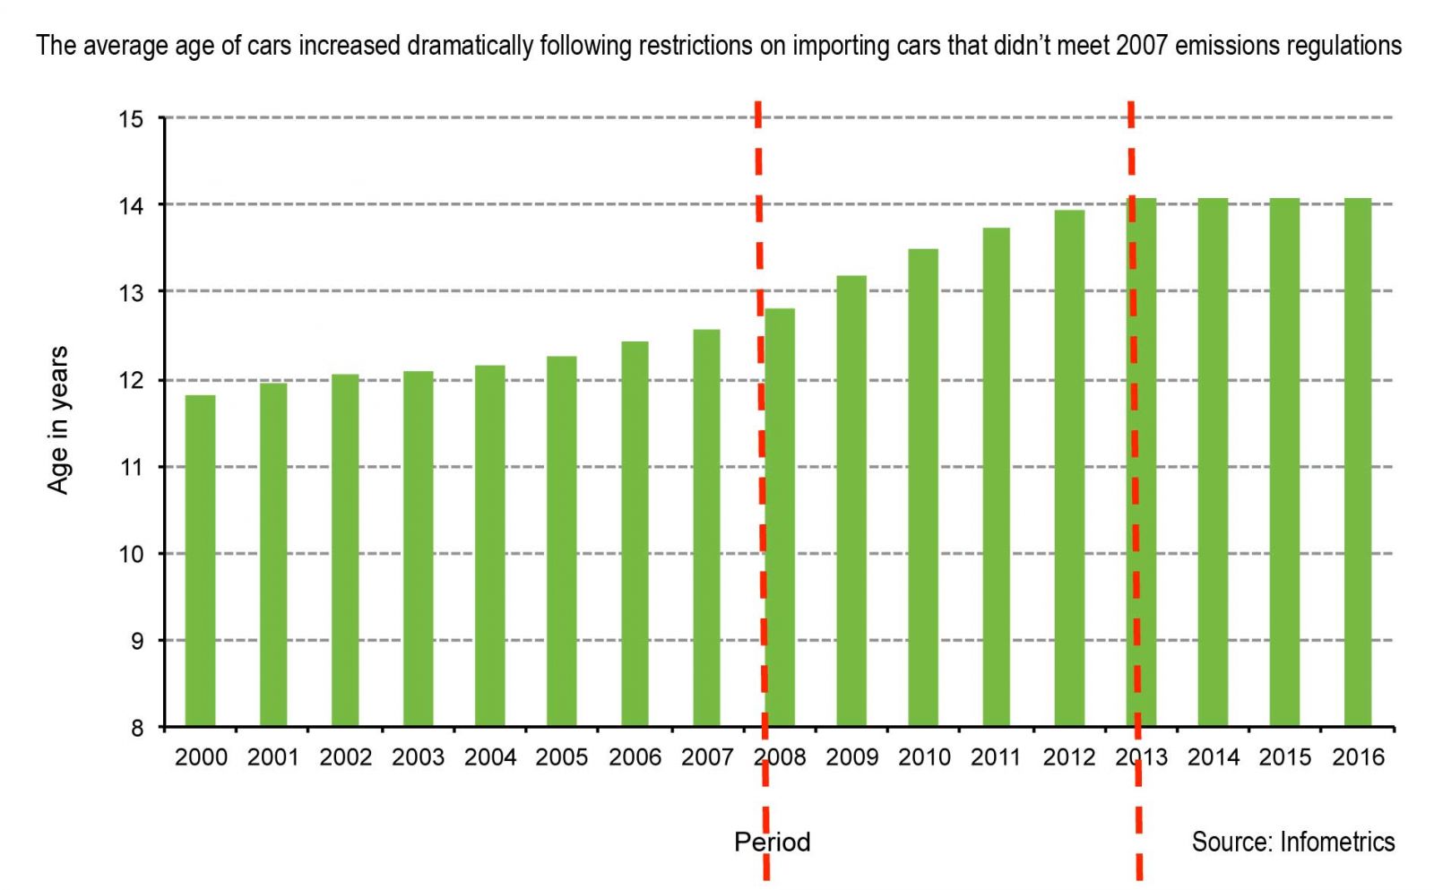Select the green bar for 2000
tap(200, 560)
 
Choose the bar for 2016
tap(1358, 462)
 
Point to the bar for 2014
tap(1213, 462)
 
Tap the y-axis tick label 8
tap(136, 728)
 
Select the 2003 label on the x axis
tap(418, 757)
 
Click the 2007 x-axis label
tap(707, 757)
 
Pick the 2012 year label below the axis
tap(1068, 757)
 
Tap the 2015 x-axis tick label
tap(1285, 757)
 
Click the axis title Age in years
tap(58, 419)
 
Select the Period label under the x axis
tap(773, 842)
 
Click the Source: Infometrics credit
tap(1292, 842)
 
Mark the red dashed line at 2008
tap(761, 448)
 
